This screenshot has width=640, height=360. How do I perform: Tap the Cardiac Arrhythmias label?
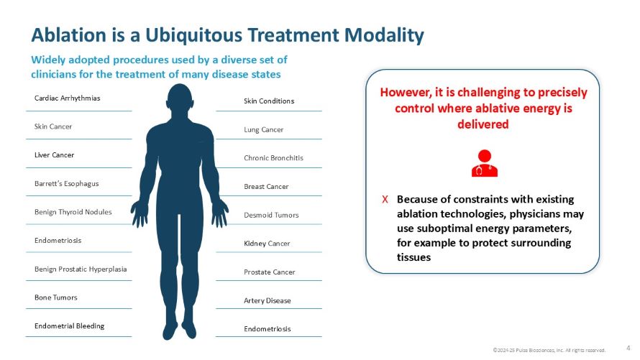point(67,98)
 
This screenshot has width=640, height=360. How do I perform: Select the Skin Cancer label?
point(53,126)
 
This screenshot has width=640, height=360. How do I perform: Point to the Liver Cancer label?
point(54,154)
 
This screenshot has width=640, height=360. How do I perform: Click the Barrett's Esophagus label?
point(66,183)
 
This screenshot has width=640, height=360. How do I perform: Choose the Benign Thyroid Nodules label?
point(73,212)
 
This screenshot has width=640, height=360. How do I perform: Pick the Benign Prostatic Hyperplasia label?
point(80,269)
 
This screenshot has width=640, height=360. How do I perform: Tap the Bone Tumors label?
point(55,297)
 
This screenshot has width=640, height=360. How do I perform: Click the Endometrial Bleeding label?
point(69,326)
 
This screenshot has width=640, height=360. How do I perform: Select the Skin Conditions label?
point(269,101)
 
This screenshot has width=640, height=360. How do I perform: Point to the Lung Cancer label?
point(263,129)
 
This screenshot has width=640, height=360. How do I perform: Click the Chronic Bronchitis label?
point(273,157)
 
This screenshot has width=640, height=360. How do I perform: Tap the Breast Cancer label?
point(266,186)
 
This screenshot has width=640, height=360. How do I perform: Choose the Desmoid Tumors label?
point(271,215)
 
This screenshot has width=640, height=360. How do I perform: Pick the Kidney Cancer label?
point(267,244)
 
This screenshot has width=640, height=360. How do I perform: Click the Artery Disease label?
point(268,300)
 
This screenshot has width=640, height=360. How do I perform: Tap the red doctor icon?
point(484,162)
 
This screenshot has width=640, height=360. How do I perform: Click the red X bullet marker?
point(385,199)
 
